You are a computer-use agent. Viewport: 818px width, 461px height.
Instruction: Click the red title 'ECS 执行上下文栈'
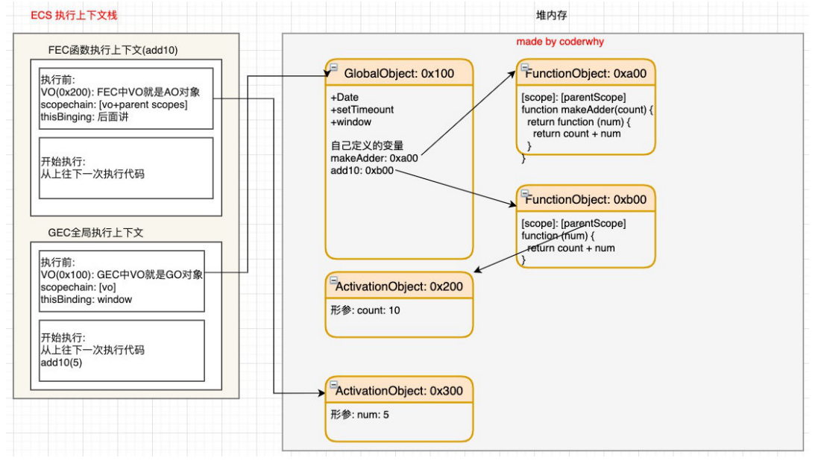point(74,15)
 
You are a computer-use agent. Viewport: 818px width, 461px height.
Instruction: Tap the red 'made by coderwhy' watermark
point(560,41)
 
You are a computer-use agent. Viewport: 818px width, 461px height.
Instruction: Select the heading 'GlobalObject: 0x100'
point(399,74)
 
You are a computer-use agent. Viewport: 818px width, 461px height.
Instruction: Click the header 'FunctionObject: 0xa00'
point(586,74)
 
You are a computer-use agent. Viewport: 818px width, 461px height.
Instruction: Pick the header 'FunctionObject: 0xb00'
point(586,199)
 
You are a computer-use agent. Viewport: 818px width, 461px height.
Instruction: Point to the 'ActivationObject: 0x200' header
point(399,286)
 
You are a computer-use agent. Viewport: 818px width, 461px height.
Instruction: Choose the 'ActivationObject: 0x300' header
point(399,391)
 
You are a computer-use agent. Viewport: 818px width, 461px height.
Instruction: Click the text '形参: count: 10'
point(365,310)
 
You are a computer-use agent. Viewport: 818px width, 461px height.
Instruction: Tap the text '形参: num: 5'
point(359,415)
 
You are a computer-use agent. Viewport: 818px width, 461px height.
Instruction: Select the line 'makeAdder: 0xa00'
point(374,158)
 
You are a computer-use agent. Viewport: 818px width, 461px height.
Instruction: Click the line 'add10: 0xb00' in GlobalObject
point(362,171)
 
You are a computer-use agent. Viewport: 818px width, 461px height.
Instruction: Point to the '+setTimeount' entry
point(362,110)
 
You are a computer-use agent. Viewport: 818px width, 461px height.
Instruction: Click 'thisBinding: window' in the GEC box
point(86,300)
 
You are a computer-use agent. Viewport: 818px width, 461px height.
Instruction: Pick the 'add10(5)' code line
point(61,363)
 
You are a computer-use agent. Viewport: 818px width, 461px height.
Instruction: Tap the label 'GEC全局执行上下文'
point(95,233)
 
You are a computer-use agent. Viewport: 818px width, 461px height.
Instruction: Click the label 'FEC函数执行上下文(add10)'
point(113,50)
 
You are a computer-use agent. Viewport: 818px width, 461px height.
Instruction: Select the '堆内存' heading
point(551,15)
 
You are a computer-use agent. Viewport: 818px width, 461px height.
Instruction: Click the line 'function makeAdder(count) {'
point(588,110)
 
